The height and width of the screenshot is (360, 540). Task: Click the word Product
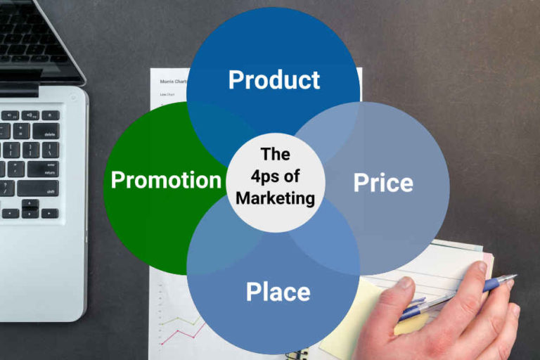point(274,79)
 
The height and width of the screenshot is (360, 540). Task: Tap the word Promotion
point(166,180)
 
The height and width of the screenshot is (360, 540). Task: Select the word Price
point(383,183)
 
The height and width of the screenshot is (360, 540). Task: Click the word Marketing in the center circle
point(275,199)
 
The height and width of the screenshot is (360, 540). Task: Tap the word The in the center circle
point(275,153)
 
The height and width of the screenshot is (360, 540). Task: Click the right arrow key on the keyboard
point(49,213)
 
